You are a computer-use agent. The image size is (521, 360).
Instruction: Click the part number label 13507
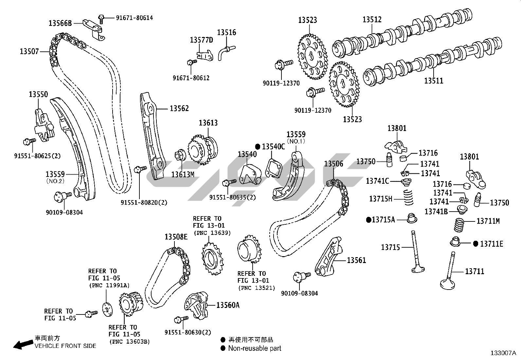29,51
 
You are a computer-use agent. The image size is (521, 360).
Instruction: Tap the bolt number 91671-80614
134,18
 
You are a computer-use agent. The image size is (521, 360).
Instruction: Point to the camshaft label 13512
372,20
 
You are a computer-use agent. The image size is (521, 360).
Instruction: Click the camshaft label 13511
434,81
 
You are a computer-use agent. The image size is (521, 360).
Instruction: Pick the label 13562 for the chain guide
179,108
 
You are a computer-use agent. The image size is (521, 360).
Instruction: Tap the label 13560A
228,305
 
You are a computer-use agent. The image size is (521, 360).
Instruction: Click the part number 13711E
492,244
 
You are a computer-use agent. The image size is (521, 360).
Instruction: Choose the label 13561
356,260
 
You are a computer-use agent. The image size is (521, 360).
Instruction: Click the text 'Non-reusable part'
255,348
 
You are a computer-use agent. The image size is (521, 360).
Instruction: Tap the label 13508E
176,237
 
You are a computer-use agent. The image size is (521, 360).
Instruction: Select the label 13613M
183,174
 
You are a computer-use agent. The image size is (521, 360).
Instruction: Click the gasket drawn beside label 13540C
273,167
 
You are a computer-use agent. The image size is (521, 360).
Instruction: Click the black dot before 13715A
368,219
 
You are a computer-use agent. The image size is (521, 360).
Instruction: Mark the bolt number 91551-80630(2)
188,332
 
